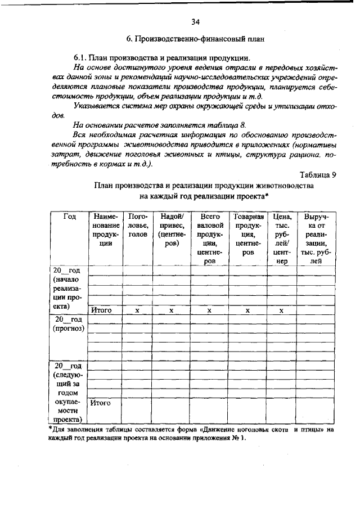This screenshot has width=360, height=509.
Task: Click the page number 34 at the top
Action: (x=196, y=22)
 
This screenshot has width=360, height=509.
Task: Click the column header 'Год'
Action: (x=69, y=217)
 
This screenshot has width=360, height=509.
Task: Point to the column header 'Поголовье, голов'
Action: (x=138, y=226)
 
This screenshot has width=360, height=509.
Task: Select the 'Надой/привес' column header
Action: (x=172, y=230)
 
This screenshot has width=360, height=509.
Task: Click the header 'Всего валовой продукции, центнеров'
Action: (x=209, y=238)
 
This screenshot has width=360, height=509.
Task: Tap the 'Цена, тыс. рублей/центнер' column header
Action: (x=281, y=238)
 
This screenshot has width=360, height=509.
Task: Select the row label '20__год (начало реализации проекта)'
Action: (x=68, y=289)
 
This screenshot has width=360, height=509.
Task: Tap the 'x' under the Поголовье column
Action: (x=138, y=310)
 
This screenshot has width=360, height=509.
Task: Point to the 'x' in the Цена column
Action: (x=281, y=310)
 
